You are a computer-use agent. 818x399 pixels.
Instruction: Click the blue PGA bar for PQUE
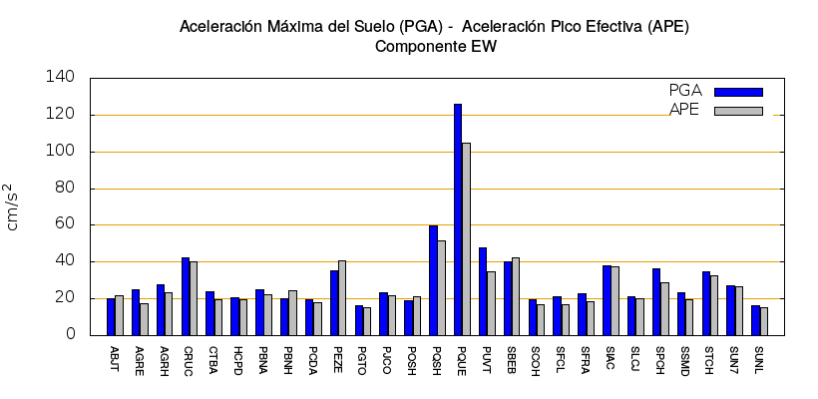point(458,219)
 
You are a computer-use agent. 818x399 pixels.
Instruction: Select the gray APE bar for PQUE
point(466,239)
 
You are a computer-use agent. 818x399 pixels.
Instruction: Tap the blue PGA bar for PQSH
point(433,280)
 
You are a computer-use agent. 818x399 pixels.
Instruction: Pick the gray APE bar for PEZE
point(342,297)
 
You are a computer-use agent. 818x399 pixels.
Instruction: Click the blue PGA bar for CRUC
point(186,296)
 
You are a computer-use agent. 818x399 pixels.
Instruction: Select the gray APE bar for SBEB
point(516,296)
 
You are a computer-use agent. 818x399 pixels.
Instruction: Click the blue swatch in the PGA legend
point(738,92)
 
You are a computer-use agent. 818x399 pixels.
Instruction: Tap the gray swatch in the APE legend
point(738,111)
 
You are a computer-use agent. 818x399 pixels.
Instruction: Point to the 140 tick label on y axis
point(61,77)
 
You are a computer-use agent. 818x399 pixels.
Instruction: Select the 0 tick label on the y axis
point(70,335)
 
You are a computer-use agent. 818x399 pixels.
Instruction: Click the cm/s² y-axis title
point(13,206)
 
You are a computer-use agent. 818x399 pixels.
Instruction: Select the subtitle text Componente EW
point(435,46)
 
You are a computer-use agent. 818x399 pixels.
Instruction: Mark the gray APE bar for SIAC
point(614,300)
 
